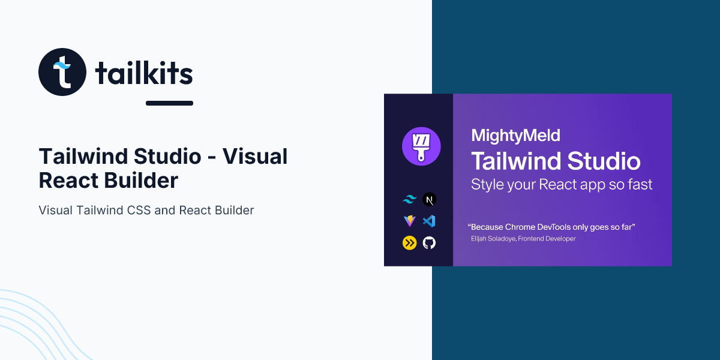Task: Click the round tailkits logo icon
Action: pos(62,72)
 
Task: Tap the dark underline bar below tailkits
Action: pos(169,103)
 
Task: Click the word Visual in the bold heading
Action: pos(255,157)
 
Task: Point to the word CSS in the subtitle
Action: pos(139,210)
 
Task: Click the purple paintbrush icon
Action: pos(421,146)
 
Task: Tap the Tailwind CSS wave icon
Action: pos(409,200)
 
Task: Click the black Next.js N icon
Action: pos(429,200)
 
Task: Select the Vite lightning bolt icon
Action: pos(409,221)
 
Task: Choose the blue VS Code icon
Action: pos(429,221)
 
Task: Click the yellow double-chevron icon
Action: pos(409,243)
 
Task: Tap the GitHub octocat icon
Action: pos(429,243)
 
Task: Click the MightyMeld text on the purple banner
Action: pos(515,136)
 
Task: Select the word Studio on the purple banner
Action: pos(604,161)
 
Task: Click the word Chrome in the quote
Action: pos(520,227)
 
